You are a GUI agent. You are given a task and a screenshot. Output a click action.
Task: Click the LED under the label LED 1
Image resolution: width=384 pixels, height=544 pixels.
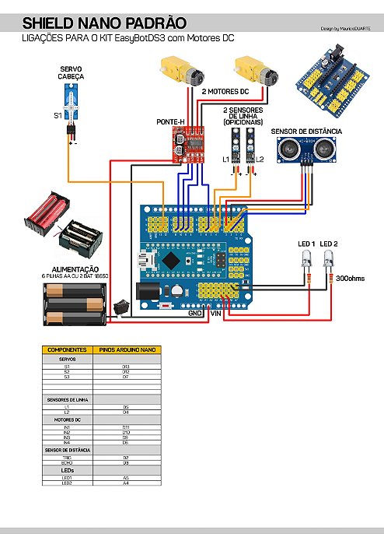tap(306, 265)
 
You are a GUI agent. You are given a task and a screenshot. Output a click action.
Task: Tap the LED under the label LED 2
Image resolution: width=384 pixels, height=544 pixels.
tap(328, 265)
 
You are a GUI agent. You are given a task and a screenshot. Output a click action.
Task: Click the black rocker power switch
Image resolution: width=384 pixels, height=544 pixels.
tap(120, 307)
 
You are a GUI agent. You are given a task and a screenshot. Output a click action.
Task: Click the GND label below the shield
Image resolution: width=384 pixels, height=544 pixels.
tap(195, 314)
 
